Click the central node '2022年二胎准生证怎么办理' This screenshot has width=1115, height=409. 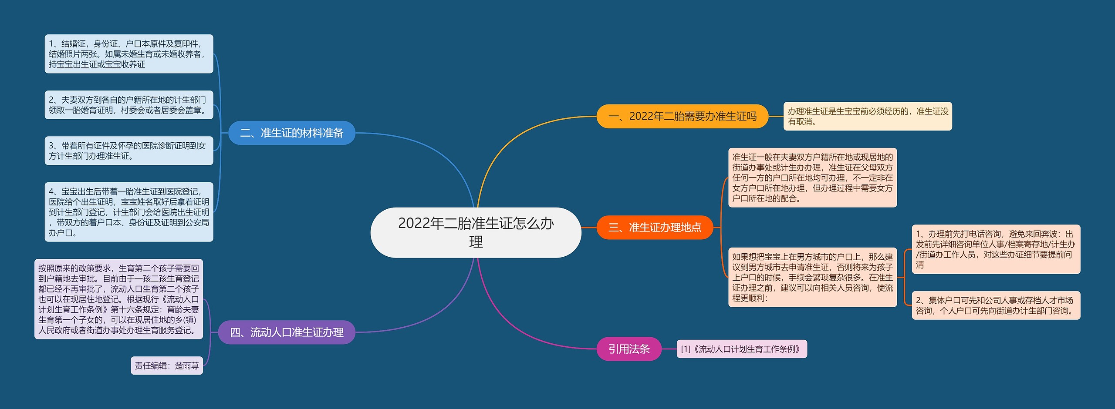pos(476,232)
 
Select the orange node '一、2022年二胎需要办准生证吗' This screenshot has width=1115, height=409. pos(682,116)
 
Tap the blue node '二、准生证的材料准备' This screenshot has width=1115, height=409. pos(291,133)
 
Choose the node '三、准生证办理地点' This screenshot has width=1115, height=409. pos(655,227)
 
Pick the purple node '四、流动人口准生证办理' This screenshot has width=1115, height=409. pos(287,332)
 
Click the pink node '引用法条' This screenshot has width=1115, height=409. pos(629,349)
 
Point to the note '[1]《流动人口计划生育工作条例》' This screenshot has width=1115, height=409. pos(741,349)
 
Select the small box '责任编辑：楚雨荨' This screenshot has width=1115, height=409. pos(167,365)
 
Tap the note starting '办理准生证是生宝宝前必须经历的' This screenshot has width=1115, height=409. pos(867,116)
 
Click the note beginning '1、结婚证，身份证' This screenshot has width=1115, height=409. pos(129,54)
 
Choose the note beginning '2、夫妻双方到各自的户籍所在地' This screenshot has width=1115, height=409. pos(129,105)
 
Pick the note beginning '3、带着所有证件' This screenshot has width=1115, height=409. pos(129,151)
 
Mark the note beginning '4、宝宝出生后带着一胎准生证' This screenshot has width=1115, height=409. pos(129,212)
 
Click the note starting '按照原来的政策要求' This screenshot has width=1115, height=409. pos(118,299)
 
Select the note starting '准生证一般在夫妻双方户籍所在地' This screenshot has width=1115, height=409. pos(812,178)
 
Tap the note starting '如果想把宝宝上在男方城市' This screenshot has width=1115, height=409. pos(812,277)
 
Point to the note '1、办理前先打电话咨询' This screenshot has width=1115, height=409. pos(996,249)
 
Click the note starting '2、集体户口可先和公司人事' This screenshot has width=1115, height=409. pos(996,305)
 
